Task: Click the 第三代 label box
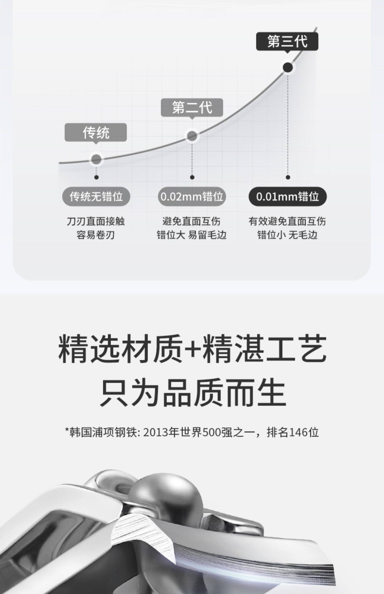287,41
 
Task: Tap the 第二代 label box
192,107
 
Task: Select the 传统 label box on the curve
95,132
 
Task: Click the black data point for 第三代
288,68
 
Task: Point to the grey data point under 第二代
192,136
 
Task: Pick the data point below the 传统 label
96,159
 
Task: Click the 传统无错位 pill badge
96,196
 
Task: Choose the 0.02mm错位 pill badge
192,196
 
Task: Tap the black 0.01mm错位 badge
287,196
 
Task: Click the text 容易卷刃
95,235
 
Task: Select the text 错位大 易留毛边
191,235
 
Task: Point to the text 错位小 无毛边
287,235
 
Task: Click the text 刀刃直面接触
95,221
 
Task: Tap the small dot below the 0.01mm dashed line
288,177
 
